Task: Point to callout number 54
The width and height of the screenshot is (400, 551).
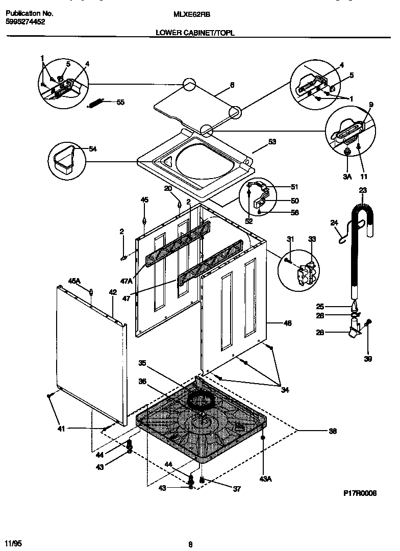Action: click(x=92, y=149)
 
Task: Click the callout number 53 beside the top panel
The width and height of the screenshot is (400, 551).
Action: click(x=272, y=142)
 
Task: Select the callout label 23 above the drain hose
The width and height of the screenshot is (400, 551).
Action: click(x=363, y=190)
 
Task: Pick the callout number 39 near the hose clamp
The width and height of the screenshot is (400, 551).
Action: click(x=368, y=359)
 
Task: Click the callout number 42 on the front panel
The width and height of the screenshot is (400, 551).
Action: click(x=113, y=292)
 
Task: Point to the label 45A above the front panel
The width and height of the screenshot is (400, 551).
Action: click(x=74, y=281)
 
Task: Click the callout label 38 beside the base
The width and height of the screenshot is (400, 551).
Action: click(x=332, y=431)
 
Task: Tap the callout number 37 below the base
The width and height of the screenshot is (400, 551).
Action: click(x=236, y=489)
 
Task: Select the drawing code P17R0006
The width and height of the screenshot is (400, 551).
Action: click(x=359, y=494)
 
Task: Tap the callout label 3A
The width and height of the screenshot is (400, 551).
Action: click(x=347, y=177)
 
